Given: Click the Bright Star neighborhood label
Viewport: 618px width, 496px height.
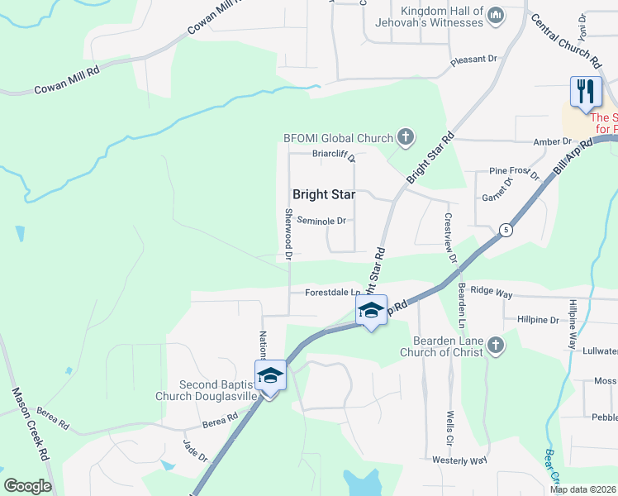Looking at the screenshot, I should (324, 195).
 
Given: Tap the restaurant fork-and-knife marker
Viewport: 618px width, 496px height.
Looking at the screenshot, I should (586, 92).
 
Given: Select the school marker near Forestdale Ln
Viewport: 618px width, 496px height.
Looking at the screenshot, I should (371, 312).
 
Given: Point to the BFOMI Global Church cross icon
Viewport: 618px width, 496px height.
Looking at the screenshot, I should (405, 137).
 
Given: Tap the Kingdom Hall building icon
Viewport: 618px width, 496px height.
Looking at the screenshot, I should (496, 15).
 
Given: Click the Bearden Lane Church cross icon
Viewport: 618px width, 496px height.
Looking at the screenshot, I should (495, 346).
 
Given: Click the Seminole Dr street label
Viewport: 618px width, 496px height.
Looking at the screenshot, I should (321, 221).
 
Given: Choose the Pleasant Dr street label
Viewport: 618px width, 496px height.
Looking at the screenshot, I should (476, 60).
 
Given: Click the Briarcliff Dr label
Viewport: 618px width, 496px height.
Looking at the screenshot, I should (334, 154).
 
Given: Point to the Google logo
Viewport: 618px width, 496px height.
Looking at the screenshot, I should (27, 486).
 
